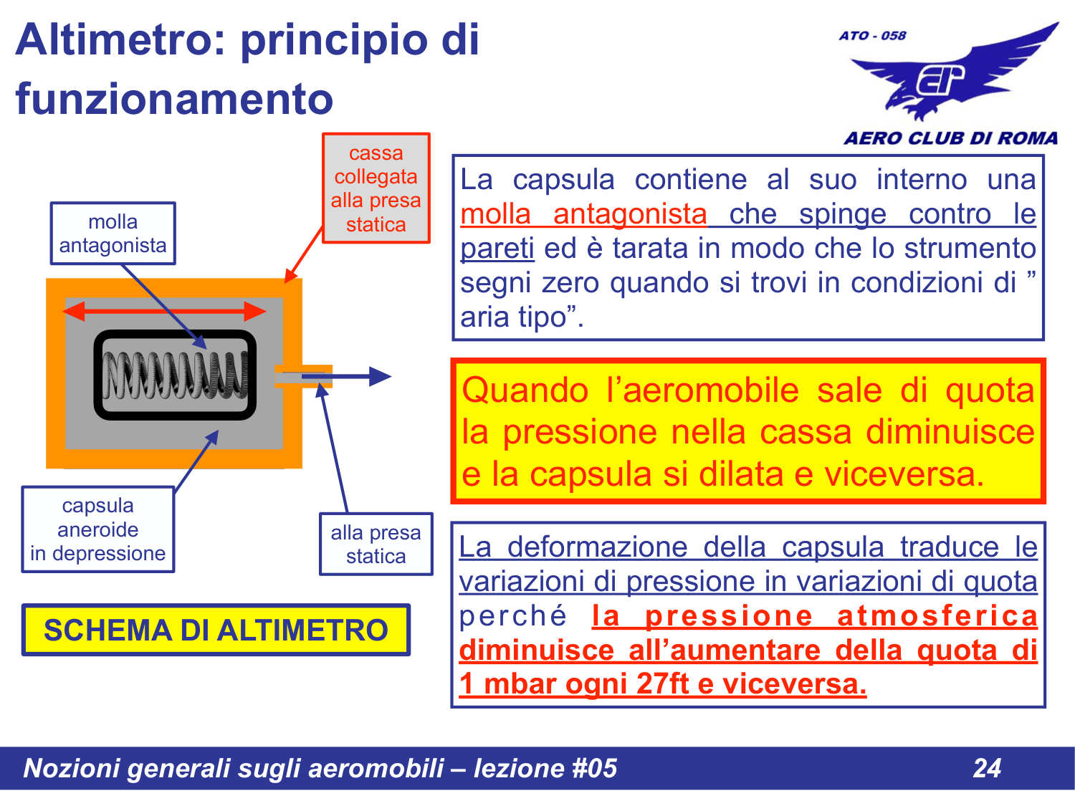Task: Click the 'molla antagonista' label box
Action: click(x=113, y=234)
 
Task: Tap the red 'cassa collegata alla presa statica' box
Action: click(x=376, y=188)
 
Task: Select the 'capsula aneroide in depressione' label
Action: click(x=97, y=529)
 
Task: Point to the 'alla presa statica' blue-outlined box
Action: click(x=376, y=544)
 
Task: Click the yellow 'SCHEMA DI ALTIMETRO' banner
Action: click(x=216, y=630)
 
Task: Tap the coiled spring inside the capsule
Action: click(x=175, y=375)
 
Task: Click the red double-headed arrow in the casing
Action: click(x=164, y=311)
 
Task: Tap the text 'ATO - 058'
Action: click(x=872, y=36)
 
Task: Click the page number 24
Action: click(x=987, y=768)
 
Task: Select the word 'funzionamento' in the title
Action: click(x=174, y=99)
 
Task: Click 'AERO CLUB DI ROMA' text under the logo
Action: click(x=950, y=138)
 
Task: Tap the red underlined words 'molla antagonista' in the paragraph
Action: click(x=583, y=214)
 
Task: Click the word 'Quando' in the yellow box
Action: click(x=525, y=391)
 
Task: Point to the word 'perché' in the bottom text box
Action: click(x=513, y=616)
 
